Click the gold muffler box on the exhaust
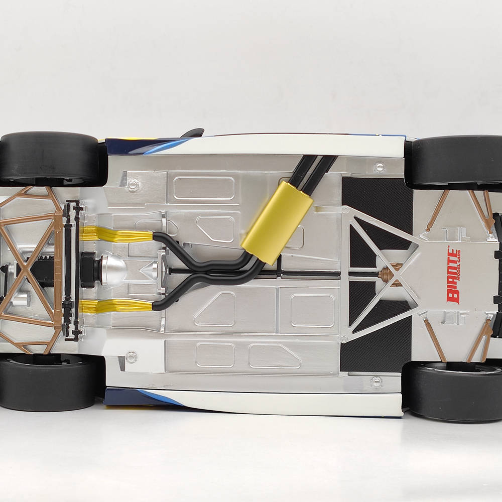pos(277,223)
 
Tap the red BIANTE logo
pos(454,276)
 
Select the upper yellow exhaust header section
pos(116,234)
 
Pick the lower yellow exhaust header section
pos(116,306)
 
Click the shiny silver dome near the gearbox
pos(113,269)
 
